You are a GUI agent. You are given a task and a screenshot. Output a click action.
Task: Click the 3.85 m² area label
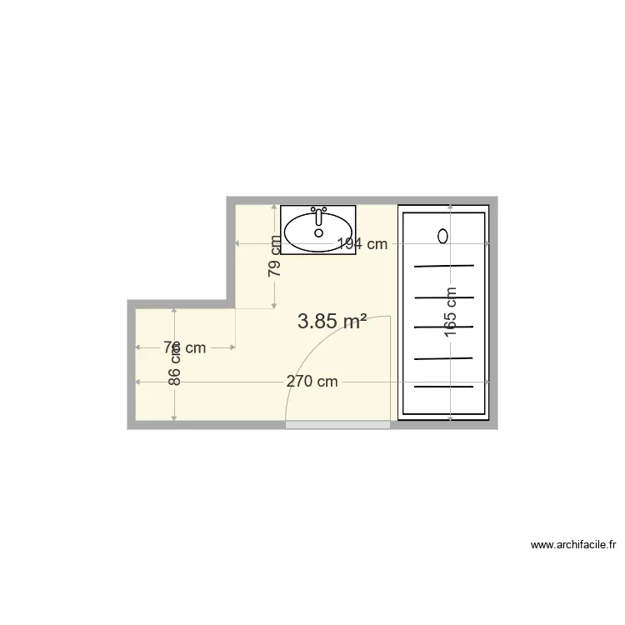coord(332,321)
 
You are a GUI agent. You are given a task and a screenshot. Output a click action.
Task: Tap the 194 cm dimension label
coord(362,244)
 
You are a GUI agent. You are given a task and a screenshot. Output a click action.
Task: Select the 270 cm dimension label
coord(312,382)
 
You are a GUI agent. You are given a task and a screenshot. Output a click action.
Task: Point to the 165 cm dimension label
coord(451,312)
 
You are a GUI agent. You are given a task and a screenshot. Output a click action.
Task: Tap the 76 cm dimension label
coord(184,347)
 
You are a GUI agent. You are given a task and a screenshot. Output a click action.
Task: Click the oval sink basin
coord(317,232)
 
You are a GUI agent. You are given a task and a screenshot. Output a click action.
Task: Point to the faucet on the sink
coord(317,213)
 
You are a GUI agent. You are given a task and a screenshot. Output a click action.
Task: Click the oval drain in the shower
coord(443,236)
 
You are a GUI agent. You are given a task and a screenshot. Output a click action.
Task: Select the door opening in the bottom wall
coord(337,425)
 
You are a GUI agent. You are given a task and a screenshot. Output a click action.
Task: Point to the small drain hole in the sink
coord(318,233)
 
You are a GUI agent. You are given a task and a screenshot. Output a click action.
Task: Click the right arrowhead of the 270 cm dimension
coord(486,382)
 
